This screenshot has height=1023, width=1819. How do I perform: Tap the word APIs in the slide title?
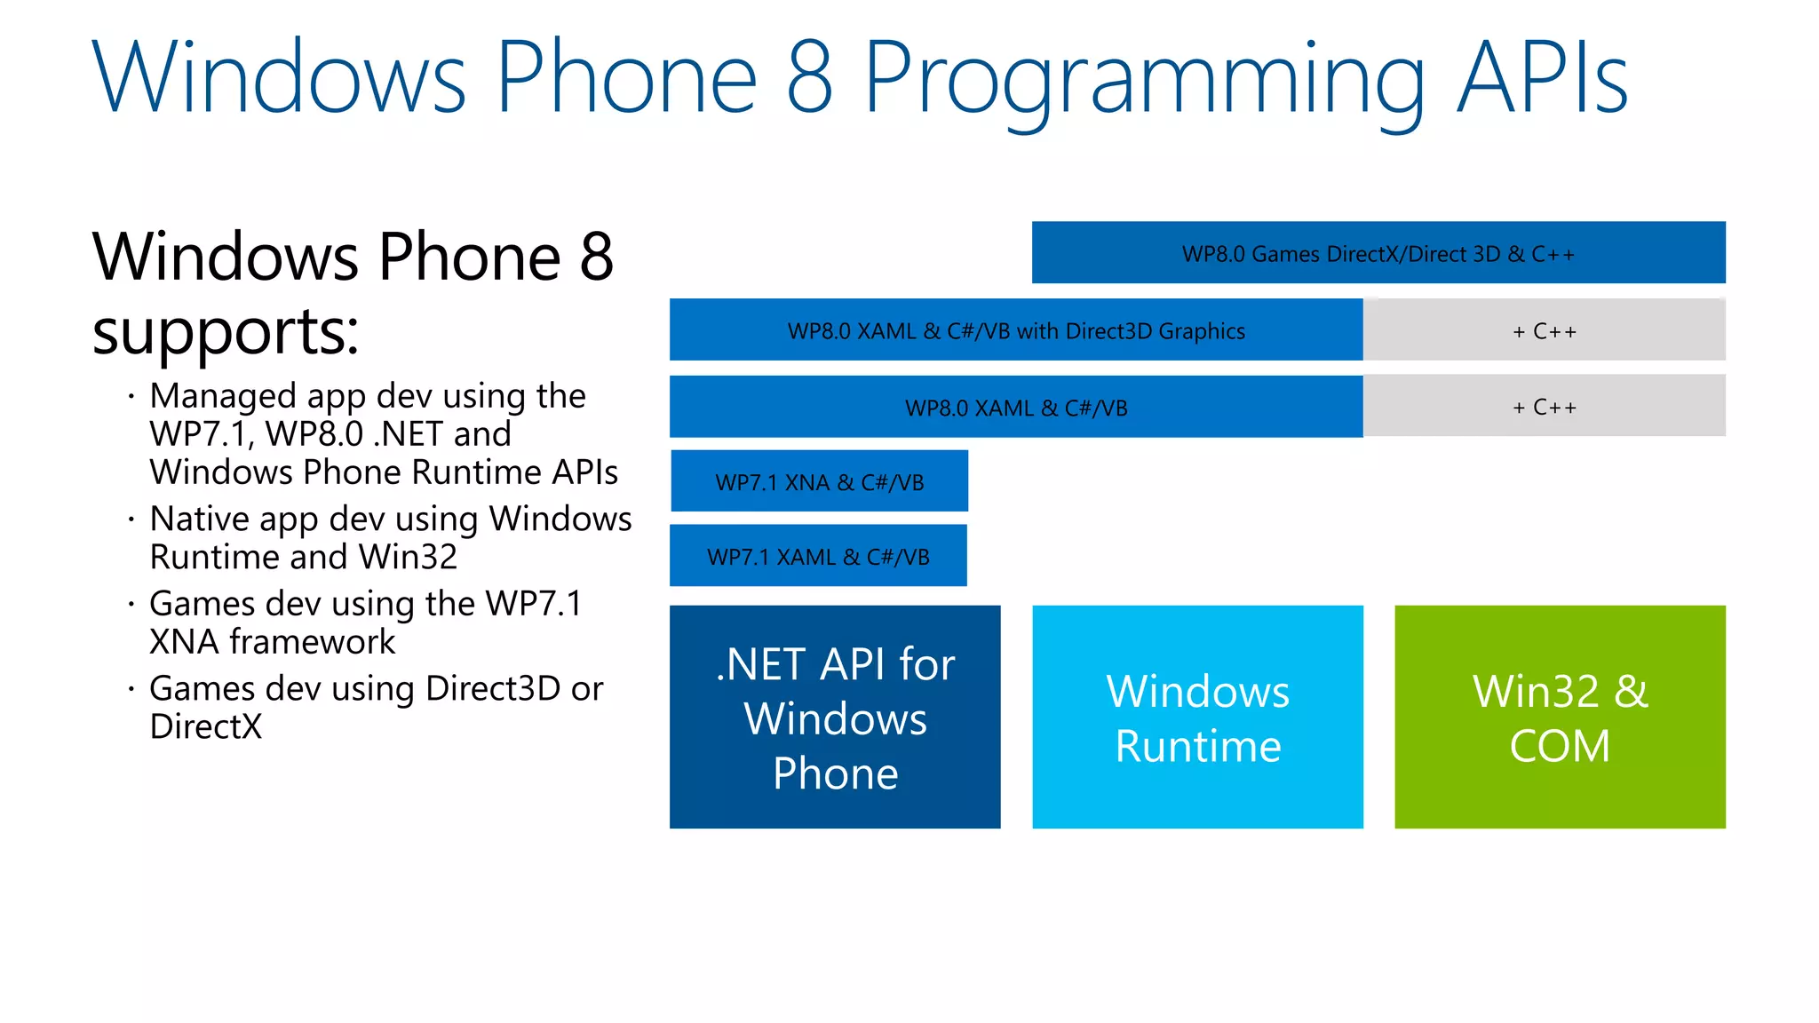[1543, 78]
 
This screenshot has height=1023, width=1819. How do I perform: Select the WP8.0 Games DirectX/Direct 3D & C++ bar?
[1378, 253]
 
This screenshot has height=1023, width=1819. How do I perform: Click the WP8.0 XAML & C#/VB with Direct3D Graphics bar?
[1015, 330]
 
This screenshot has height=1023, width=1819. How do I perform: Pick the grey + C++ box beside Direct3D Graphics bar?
[1544, 330]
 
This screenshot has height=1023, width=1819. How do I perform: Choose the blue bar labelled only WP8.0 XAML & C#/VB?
[1015, 407]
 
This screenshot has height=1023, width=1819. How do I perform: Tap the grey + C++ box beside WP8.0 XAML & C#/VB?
[1544, 407]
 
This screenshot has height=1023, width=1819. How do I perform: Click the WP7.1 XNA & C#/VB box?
[819, 481]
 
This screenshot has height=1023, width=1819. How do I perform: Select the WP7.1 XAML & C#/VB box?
[818, 556]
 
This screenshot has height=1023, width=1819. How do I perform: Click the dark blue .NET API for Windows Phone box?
[835, 718]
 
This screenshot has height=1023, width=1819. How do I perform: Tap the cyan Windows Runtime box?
[1197, 718]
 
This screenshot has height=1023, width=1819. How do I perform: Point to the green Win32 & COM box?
[1560, 718]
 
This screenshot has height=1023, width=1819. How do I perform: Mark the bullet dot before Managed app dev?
[131, 396]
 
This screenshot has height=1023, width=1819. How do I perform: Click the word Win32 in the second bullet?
[409, 557]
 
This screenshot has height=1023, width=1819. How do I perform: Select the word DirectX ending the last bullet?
[206, 726]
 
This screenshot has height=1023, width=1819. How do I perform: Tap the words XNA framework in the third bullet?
[272, 641]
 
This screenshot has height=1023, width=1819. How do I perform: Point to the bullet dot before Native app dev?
[131, 519]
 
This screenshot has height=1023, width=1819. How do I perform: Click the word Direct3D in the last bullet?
[493, 688]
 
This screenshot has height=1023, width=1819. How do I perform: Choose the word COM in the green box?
[1560, 745]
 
